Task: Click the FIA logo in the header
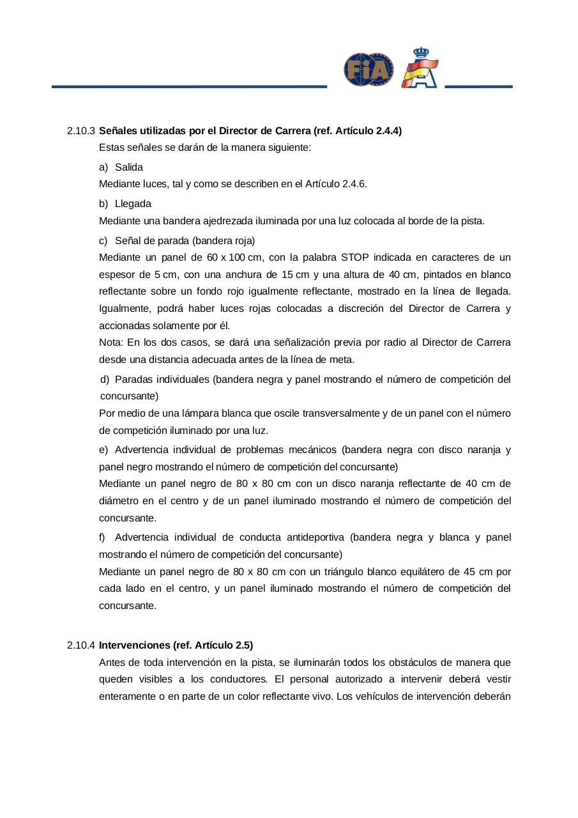(x=369, y=70)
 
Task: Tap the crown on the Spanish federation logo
(x=420, y=53)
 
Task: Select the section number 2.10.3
(x=81, y=131)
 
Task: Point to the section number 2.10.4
(x=81, y=645)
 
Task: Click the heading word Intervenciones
(x=134, y=645)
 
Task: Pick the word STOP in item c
(x=355, y=258)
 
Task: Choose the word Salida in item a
(x=129, y=167)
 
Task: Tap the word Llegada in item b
(x=133, y=204)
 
